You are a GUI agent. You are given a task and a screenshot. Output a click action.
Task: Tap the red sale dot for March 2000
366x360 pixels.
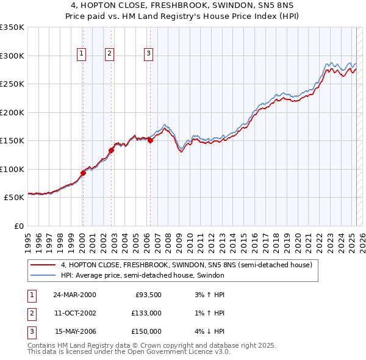[84, 173]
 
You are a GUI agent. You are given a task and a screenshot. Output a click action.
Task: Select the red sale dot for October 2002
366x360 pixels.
[112, 150]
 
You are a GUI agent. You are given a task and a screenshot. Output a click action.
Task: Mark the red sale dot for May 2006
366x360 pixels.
[150, 140]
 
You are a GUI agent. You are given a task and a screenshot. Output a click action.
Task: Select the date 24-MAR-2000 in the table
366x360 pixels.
[74, 295]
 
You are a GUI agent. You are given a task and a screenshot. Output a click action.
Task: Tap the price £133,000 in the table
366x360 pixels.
[146, 313]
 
